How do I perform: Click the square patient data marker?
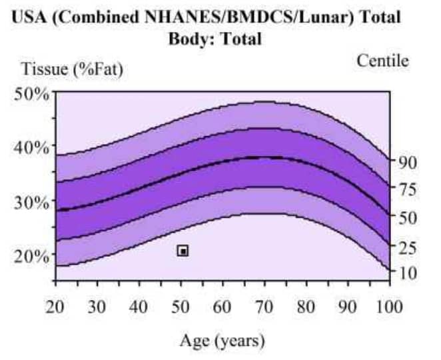coord(183,251)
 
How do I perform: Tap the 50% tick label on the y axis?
coord(33,93)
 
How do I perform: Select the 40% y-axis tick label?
coord(33,147)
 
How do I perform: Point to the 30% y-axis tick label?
coord(33,201)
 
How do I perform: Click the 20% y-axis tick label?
coord(33,255)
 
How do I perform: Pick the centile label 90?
coord(407,161)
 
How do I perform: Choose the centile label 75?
coord(407,189)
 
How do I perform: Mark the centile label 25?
coord(407,247)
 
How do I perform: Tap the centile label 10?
coord(407,273)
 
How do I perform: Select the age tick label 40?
coord(139,307)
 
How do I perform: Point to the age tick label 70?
coord(264,307)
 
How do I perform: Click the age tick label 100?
coord(389,307)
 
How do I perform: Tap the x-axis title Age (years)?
coord(222,341)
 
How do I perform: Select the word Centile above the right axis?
coord(382,61)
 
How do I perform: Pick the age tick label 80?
coord(306,307)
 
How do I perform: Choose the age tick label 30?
coord(97,307)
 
